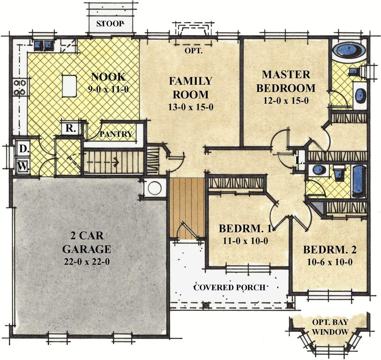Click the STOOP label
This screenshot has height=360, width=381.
[x=110, y=24]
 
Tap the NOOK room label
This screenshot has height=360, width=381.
[x=108, y=77]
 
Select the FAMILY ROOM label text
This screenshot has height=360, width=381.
[x=190, y=88]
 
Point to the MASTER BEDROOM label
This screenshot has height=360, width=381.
[x=286, y=81]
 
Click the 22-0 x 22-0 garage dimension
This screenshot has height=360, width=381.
[x=87, y=262]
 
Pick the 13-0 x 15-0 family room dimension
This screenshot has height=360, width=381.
[x=191, y=107]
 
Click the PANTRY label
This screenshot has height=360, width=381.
[x=116, y=134]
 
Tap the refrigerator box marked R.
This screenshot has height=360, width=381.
[x=71, y=128]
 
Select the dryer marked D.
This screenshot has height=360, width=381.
[x=23, y=149]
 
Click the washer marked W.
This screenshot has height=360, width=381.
[x=23, y=166]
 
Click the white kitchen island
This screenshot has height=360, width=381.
[x=69, y=86]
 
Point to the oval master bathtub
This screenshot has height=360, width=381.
[x=349, y=51]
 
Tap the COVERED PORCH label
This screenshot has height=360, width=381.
[x=230, y=287]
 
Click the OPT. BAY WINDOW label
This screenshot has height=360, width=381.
[x=330, y=327]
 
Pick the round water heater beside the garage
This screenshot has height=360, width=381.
[x=155, y=188]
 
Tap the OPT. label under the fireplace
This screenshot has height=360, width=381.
[x=193, y=51]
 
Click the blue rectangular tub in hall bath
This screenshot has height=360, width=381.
[x=358, y=180]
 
